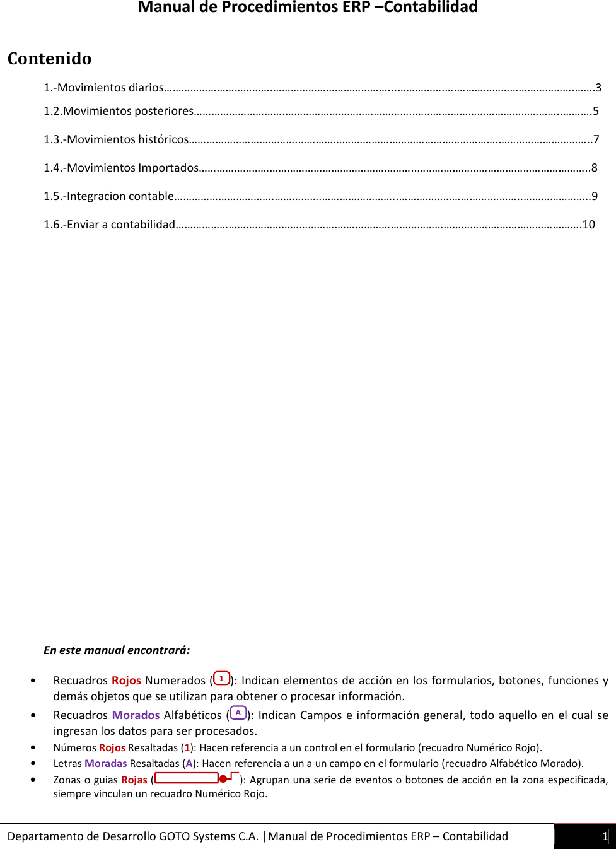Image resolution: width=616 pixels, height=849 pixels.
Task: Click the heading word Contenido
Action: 49,59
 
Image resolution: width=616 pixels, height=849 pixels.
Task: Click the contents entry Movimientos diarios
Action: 104,88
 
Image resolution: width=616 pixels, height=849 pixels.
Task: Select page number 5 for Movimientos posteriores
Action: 595,111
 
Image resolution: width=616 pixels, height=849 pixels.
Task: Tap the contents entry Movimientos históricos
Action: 116,139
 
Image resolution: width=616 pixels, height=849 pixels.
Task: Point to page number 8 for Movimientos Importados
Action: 594,168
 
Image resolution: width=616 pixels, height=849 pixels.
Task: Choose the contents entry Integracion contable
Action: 108,196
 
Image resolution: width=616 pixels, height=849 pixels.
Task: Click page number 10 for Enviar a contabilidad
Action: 588,225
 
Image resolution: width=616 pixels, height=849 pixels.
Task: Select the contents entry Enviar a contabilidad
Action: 109,225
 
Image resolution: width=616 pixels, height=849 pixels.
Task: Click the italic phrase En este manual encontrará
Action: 116,650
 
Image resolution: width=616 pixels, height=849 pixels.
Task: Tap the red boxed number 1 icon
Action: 221,679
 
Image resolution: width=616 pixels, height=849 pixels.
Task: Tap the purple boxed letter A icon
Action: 238,713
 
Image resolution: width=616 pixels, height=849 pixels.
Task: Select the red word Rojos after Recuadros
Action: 126,681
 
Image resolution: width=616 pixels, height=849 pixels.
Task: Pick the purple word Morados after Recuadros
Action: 136,715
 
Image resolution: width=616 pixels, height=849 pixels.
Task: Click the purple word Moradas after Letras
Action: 105,764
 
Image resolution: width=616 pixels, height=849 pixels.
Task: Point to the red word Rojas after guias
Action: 134,780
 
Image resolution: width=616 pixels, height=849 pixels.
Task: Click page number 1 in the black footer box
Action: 604,836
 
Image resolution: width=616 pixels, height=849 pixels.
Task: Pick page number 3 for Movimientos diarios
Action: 598,88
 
